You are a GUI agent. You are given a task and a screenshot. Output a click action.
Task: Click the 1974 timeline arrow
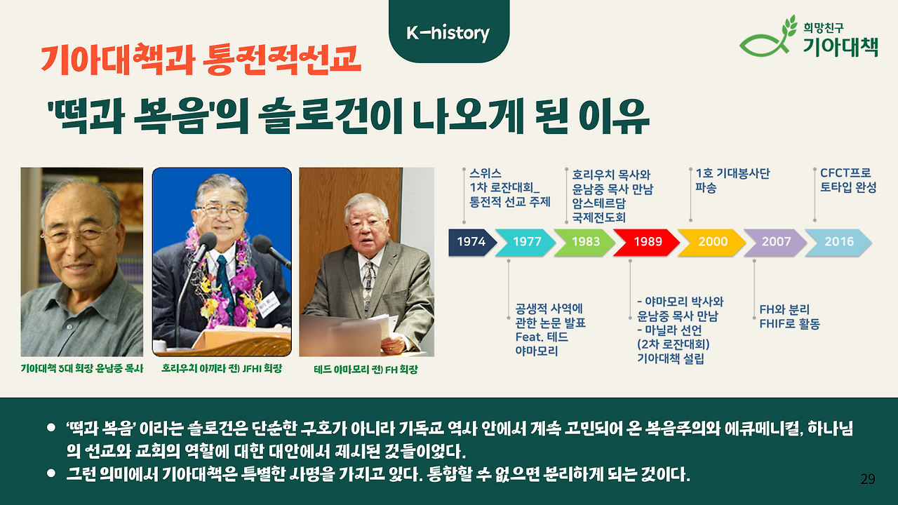coord(472,242)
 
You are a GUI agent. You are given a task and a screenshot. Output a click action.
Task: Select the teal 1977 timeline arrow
coord(525,242)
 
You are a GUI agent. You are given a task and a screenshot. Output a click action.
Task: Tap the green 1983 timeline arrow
coord(585,242)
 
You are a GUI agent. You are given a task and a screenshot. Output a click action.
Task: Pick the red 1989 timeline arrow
coord(646,242)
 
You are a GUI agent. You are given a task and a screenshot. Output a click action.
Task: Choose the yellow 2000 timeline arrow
coord(711,242)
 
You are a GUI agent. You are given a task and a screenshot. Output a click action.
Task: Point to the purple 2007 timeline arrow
coord(775,242)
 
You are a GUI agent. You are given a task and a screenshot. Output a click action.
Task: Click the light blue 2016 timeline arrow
coord(838,242)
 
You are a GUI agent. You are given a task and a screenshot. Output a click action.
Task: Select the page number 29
coord(868,479)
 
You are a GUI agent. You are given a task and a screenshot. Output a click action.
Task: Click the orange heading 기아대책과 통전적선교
coord(201,60)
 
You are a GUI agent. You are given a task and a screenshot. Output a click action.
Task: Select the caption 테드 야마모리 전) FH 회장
coord(366,369)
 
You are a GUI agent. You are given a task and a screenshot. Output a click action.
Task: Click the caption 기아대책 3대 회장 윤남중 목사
coord(82,368)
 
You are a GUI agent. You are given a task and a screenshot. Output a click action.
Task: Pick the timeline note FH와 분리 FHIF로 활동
coord(789,316)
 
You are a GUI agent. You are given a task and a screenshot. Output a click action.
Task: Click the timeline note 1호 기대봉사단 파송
coord(732,180)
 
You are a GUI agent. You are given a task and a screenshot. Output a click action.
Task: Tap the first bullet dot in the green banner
coord(51,427)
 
